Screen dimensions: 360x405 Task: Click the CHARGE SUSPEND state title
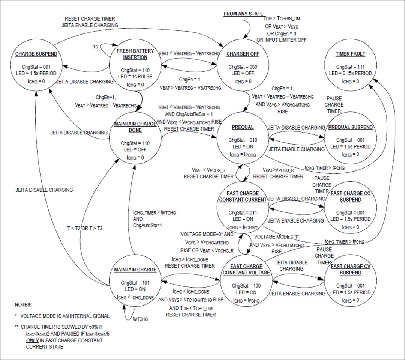click(x=36, y=54)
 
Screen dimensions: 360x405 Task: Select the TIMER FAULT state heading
click(x=350, y=54)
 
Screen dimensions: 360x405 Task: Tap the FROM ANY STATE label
click(x=243, y=14)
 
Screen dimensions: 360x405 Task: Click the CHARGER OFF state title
click(x=243, y=54)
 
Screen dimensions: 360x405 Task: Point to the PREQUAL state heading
click(x=243, y=127)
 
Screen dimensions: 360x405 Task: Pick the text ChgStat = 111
click(x=350, y=67)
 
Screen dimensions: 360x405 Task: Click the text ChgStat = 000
click(x=243, y=67)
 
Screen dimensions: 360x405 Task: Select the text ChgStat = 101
click(x=135, y=283)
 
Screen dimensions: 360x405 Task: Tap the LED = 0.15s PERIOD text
click(x=350, y=73)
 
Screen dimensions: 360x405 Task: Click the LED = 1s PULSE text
click(x=135, y=77)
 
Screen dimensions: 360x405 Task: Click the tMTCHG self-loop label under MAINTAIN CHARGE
click(x=140, y=319)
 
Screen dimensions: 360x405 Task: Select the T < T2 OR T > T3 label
click(x=84, y=228)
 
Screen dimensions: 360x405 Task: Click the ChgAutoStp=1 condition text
click(x=147, y=225)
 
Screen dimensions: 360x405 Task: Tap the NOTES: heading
click(x=23, y=304)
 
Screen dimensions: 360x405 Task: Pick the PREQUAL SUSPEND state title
click(x=350, y=127)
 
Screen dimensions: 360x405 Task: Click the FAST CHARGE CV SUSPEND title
click(x=350, y=270)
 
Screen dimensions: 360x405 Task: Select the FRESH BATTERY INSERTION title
click(x=135, y=54)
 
